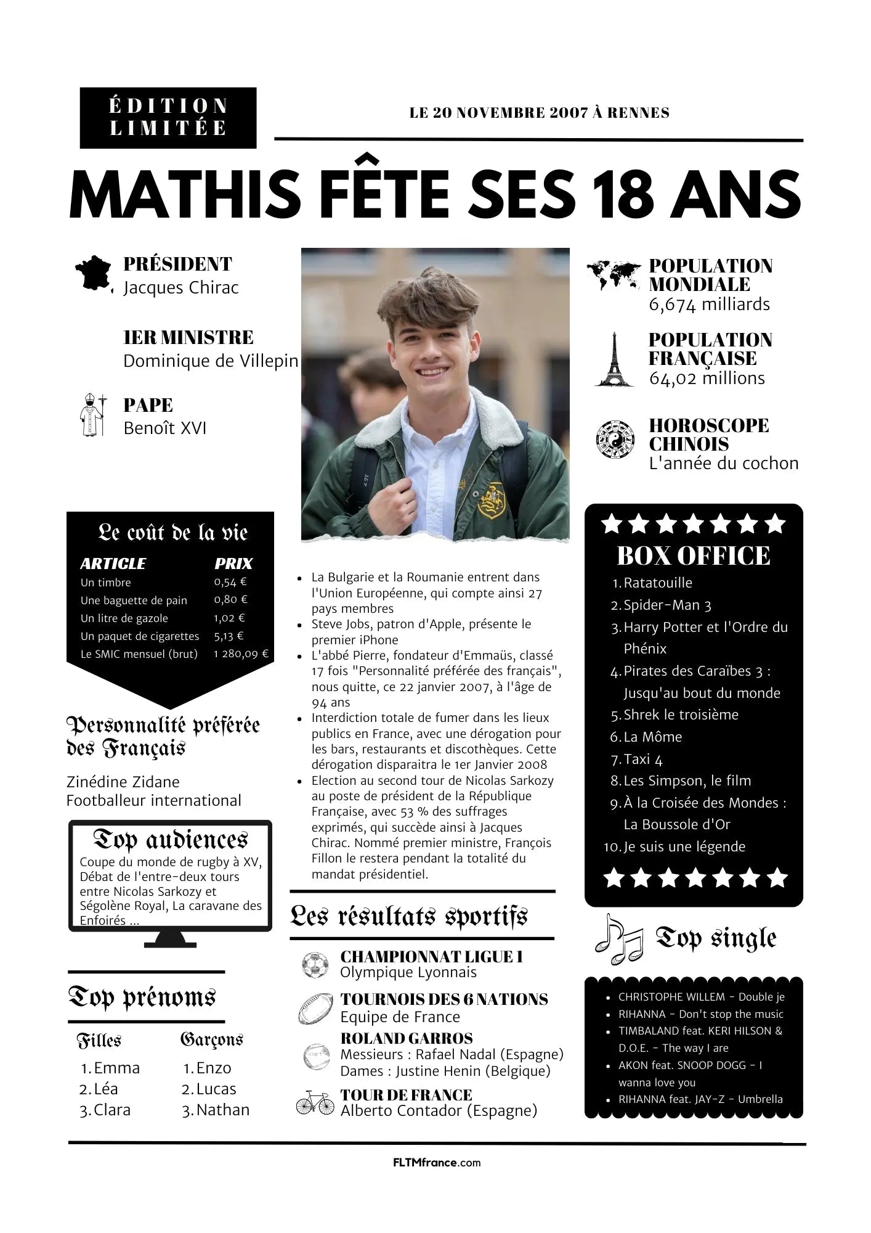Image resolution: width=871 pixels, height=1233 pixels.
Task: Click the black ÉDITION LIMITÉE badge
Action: pos(168,118)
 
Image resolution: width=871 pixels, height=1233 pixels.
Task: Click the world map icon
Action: pos(614,276)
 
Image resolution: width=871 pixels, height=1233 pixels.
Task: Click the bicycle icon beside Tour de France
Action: pos(314,1102)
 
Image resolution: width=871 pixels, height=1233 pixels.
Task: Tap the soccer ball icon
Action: pos(315,965)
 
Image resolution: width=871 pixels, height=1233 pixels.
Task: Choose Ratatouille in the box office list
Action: pos(657,583)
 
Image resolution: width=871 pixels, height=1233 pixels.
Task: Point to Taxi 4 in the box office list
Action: pos(642,759)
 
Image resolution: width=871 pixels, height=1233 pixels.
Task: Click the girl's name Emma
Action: pos(116,1068)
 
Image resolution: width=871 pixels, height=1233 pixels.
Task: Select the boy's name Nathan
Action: pos(222,1110)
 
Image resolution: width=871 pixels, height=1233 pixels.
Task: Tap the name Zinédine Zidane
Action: pos(123,782)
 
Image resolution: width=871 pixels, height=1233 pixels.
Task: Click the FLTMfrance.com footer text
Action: pos(436,1163)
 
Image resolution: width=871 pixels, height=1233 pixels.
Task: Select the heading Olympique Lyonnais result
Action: pos(408,972)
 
